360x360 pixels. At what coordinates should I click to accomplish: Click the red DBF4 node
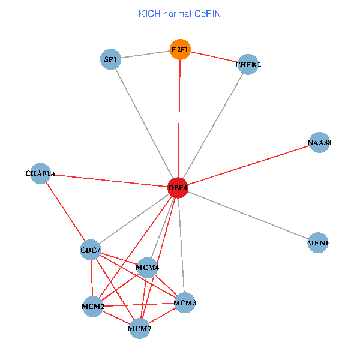point(178,188)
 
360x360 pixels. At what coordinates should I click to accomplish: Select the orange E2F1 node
point(180,49)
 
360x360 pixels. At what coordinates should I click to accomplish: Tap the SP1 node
point(110,59)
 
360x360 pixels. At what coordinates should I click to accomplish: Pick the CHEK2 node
point(248,64)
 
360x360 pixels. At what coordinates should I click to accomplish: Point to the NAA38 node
point(319,143)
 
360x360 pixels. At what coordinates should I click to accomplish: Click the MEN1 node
point(317,243)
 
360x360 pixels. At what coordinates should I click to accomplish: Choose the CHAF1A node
point(40,173)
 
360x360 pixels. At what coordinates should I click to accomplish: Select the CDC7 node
point(91,250)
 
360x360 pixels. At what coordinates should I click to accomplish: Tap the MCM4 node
point(147,267)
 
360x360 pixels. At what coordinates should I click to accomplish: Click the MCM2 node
point(93,307)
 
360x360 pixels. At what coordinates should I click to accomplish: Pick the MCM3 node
point(185,303)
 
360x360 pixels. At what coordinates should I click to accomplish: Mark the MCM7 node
point(139,328)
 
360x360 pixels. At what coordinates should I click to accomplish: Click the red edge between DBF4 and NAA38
point(249,165)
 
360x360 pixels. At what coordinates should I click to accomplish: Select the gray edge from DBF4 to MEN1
point(248,215)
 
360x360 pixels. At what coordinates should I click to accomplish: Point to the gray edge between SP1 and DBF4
point(144,123)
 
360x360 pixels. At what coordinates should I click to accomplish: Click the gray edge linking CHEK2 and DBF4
point(213,126)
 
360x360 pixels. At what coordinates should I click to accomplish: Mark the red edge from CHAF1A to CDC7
point(65,211)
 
